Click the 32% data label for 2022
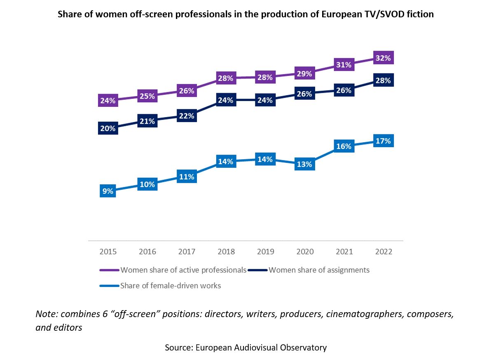pyautogui.click(x=383, y=58)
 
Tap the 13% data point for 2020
pyautogui.click(x=305, y=164)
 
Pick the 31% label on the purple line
pyautogui.click(x=344, y=65)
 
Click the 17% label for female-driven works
pyautogui.click(x=383, y=141)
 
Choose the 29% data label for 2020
pyautogui.click(x=304, y=74)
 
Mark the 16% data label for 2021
pyautogui.click(x=344, y=146)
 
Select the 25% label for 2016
pyautogui.click(x=147, y=96)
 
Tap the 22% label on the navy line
pyautogui.click(x=186, y=116)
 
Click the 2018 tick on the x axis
pyautogui.click(x=226, y=252)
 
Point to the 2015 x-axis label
pyautogui.click(x=108, y=252)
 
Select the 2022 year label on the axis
pyautogui.click(x=384, y=252)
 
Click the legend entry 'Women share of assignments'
pyautogui.click(x=319, y=270)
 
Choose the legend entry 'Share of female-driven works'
pyautogui.click(x=171, y=285)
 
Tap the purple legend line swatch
pyautogui.click(x=110, y=271)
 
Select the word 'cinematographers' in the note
pyautogui.click(x=358, y=314)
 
